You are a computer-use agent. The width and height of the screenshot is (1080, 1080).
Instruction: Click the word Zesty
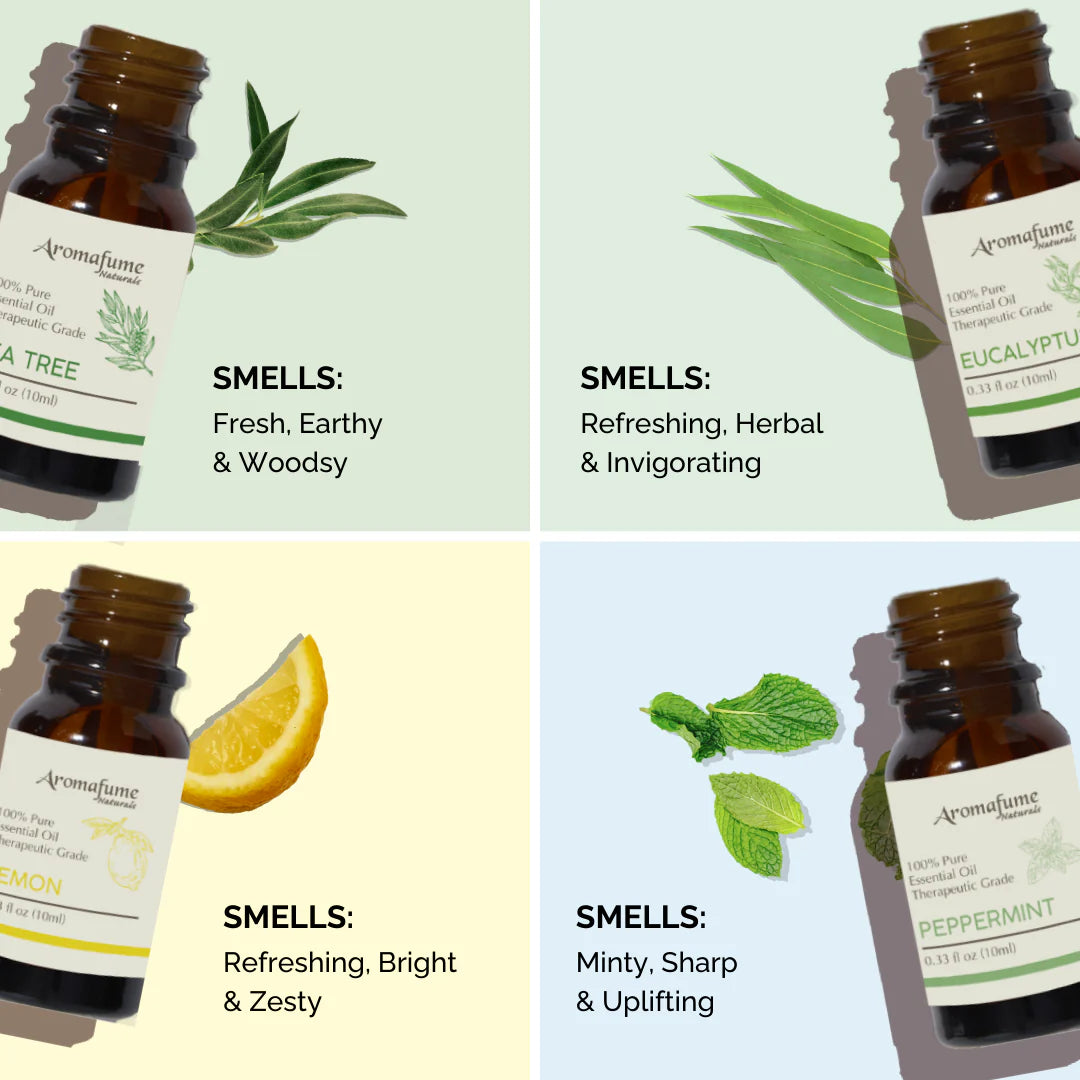(x=285, y=1002)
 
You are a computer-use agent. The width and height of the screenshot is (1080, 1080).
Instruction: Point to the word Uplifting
(x=658, y=1002)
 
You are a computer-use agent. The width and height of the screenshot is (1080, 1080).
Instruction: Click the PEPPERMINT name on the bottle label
(x=986, y=919)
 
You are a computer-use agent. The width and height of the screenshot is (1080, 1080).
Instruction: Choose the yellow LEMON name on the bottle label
(x=30, y=885)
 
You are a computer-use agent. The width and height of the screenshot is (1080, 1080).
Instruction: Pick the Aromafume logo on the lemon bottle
(x=88, y=786)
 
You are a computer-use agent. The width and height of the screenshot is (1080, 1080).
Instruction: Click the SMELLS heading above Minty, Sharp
(x=641, y=917)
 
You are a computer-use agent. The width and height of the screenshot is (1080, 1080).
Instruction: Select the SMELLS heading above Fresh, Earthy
(x=277, y=379)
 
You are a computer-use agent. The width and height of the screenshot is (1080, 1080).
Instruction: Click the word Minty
(x=612, y=963)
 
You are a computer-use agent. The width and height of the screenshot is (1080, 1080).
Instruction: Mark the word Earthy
(x=341, y=424)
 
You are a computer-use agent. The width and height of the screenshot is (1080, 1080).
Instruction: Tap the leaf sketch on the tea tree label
(x=125, y=330)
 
